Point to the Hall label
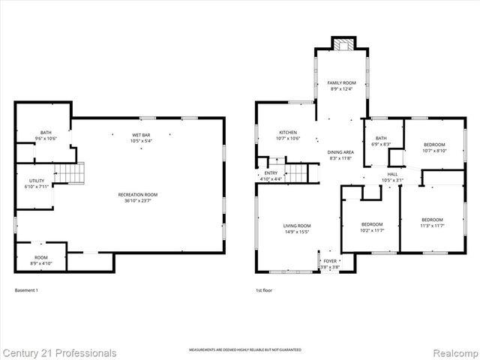pyautogui.click(x=392, y=176)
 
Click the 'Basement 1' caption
pyautogui.click(x=26, y=290)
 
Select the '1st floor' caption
pyautogui.click(x=264, y=290)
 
